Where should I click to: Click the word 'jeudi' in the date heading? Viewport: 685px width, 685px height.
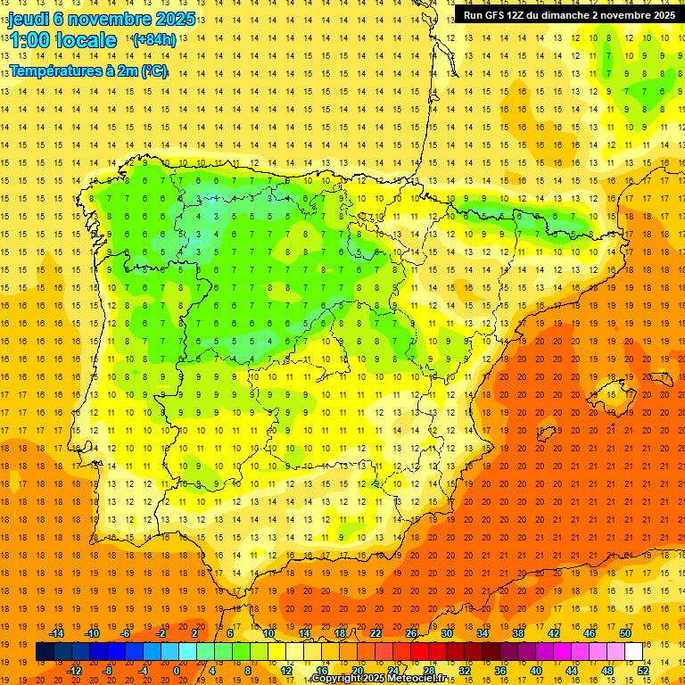click(29, 20)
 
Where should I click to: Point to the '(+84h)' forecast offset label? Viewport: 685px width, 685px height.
click(154, 40)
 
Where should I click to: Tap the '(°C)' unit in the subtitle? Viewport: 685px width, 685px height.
click(153, 70)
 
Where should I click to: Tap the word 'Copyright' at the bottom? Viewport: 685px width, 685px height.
click(334, 679)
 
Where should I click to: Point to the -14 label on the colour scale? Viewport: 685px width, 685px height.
click(56, 633)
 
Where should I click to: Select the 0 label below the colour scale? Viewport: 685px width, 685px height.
click(177, 671)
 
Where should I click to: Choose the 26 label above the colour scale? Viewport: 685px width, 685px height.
click(411, 633)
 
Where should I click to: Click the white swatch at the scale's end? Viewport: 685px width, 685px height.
click(633, 652)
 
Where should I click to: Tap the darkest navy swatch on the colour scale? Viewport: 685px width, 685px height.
click(45, 652)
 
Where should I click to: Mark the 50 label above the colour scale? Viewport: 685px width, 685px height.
click(625, 633)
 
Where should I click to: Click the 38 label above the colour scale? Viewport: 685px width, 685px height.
click(518, 633)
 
